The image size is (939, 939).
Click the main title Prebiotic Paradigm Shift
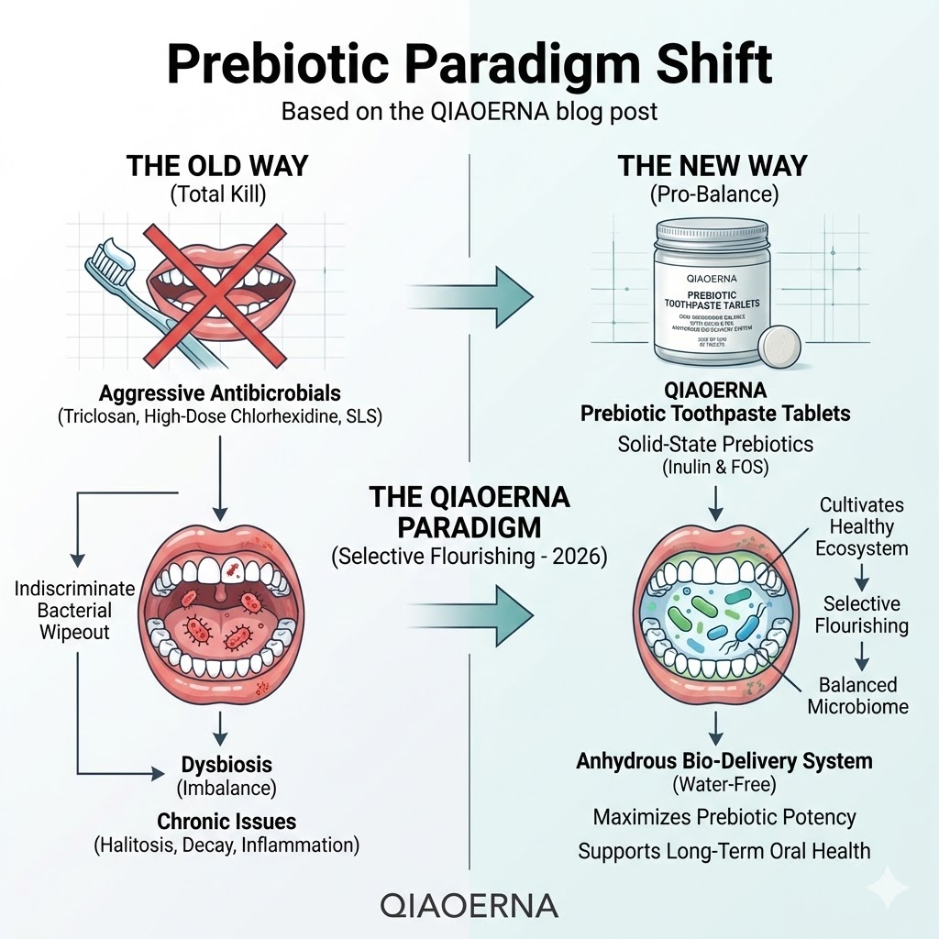click(469, 66)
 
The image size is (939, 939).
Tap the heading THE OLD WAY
click(218, 166)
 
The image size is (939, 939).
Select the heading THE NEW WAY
click(713, 166)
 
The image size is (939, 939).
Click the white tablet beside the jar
click(779, 350)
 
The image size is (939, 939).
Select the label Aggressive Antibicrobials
click(219, 393)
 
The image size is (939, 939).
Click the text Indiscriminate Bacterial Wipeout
click(75, 610)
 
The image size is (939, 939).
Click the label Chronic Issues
click(226, 821)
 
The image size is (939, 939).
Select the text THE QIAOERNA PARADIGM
click(469, 513)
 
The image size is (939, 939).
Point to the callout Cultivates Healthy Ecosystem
click(861, 526)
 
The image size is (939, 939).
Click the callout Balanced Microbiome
click(858, 695)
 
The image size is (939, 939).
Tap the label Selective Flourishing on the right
click(861, 614)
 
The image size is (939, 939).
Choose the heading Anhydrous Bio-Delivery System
click(724, 761)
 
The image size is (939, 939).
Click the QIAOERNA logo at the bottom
click(469, 904)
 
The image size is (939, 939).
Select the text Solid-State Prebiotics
click(715, 444)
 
